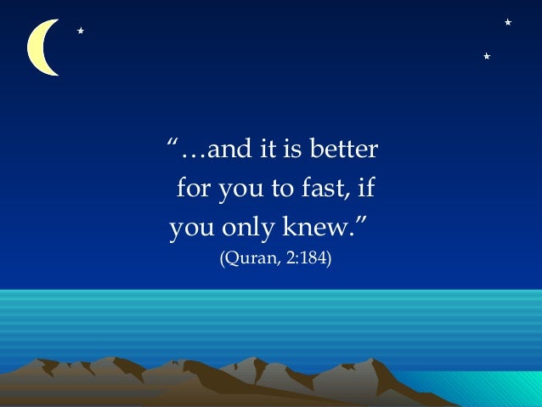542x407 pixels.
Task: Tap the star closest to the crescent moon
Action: (x=80, y=31)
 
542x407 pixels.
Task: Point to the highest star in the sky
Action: (x=507, y=21)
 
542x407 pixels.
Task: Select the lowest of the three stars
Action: (x=486, y=56)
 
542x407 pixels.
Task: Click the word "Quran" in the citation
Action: (x=246, y=258)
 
